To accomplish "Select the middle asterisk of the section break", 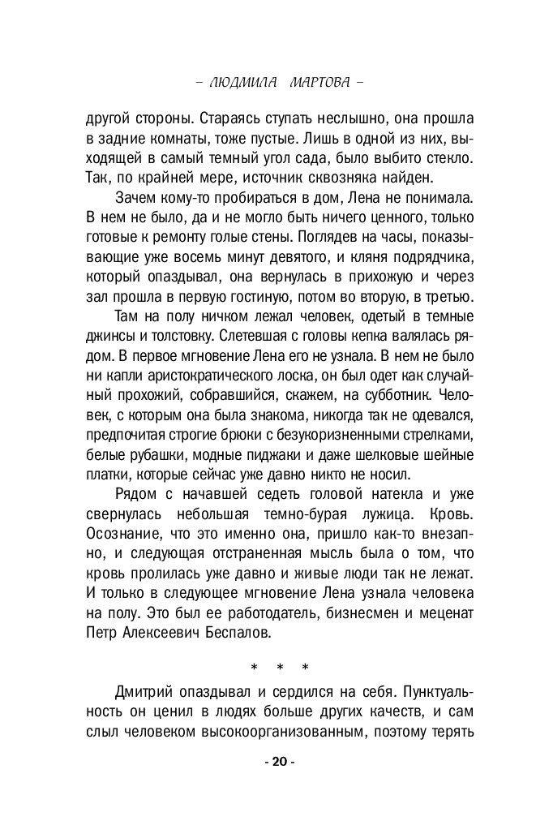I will (279, 669).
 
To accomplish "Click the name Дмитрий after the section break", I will (147, 694).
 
